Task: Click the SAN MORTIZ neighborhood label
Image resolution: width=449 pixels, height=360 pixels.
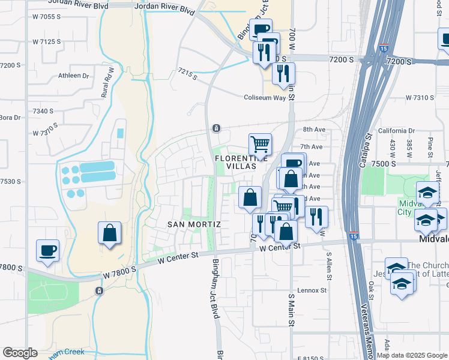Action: tap(194, 224)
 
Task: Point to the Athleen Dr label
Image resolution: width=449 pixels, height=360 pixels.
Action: tap(73, 76)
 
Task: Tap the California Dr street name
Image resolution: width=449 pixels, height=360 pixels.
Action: tap(396, 131)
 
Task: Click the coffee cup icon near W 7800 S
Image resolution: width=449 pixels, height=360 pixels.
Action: tap(47, 251)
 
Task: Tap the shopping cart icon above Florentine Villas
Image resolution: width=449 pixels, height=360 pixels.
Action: tap(260, 144)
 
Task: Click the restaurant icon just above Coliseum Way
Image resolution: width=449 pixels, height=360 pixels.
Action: tap(283, 73)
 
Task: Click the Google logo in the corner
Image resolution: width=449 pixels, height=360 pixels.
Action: tap(20, 353)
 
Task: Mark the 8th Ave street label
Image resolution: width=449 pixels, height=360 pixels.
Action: tap(313, 130)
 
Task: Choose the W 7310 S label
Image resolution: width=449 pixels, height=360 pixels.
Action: tap(420, 97)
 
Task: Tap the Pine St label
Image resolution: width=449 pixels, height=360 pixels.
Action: tap(430, 147)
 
